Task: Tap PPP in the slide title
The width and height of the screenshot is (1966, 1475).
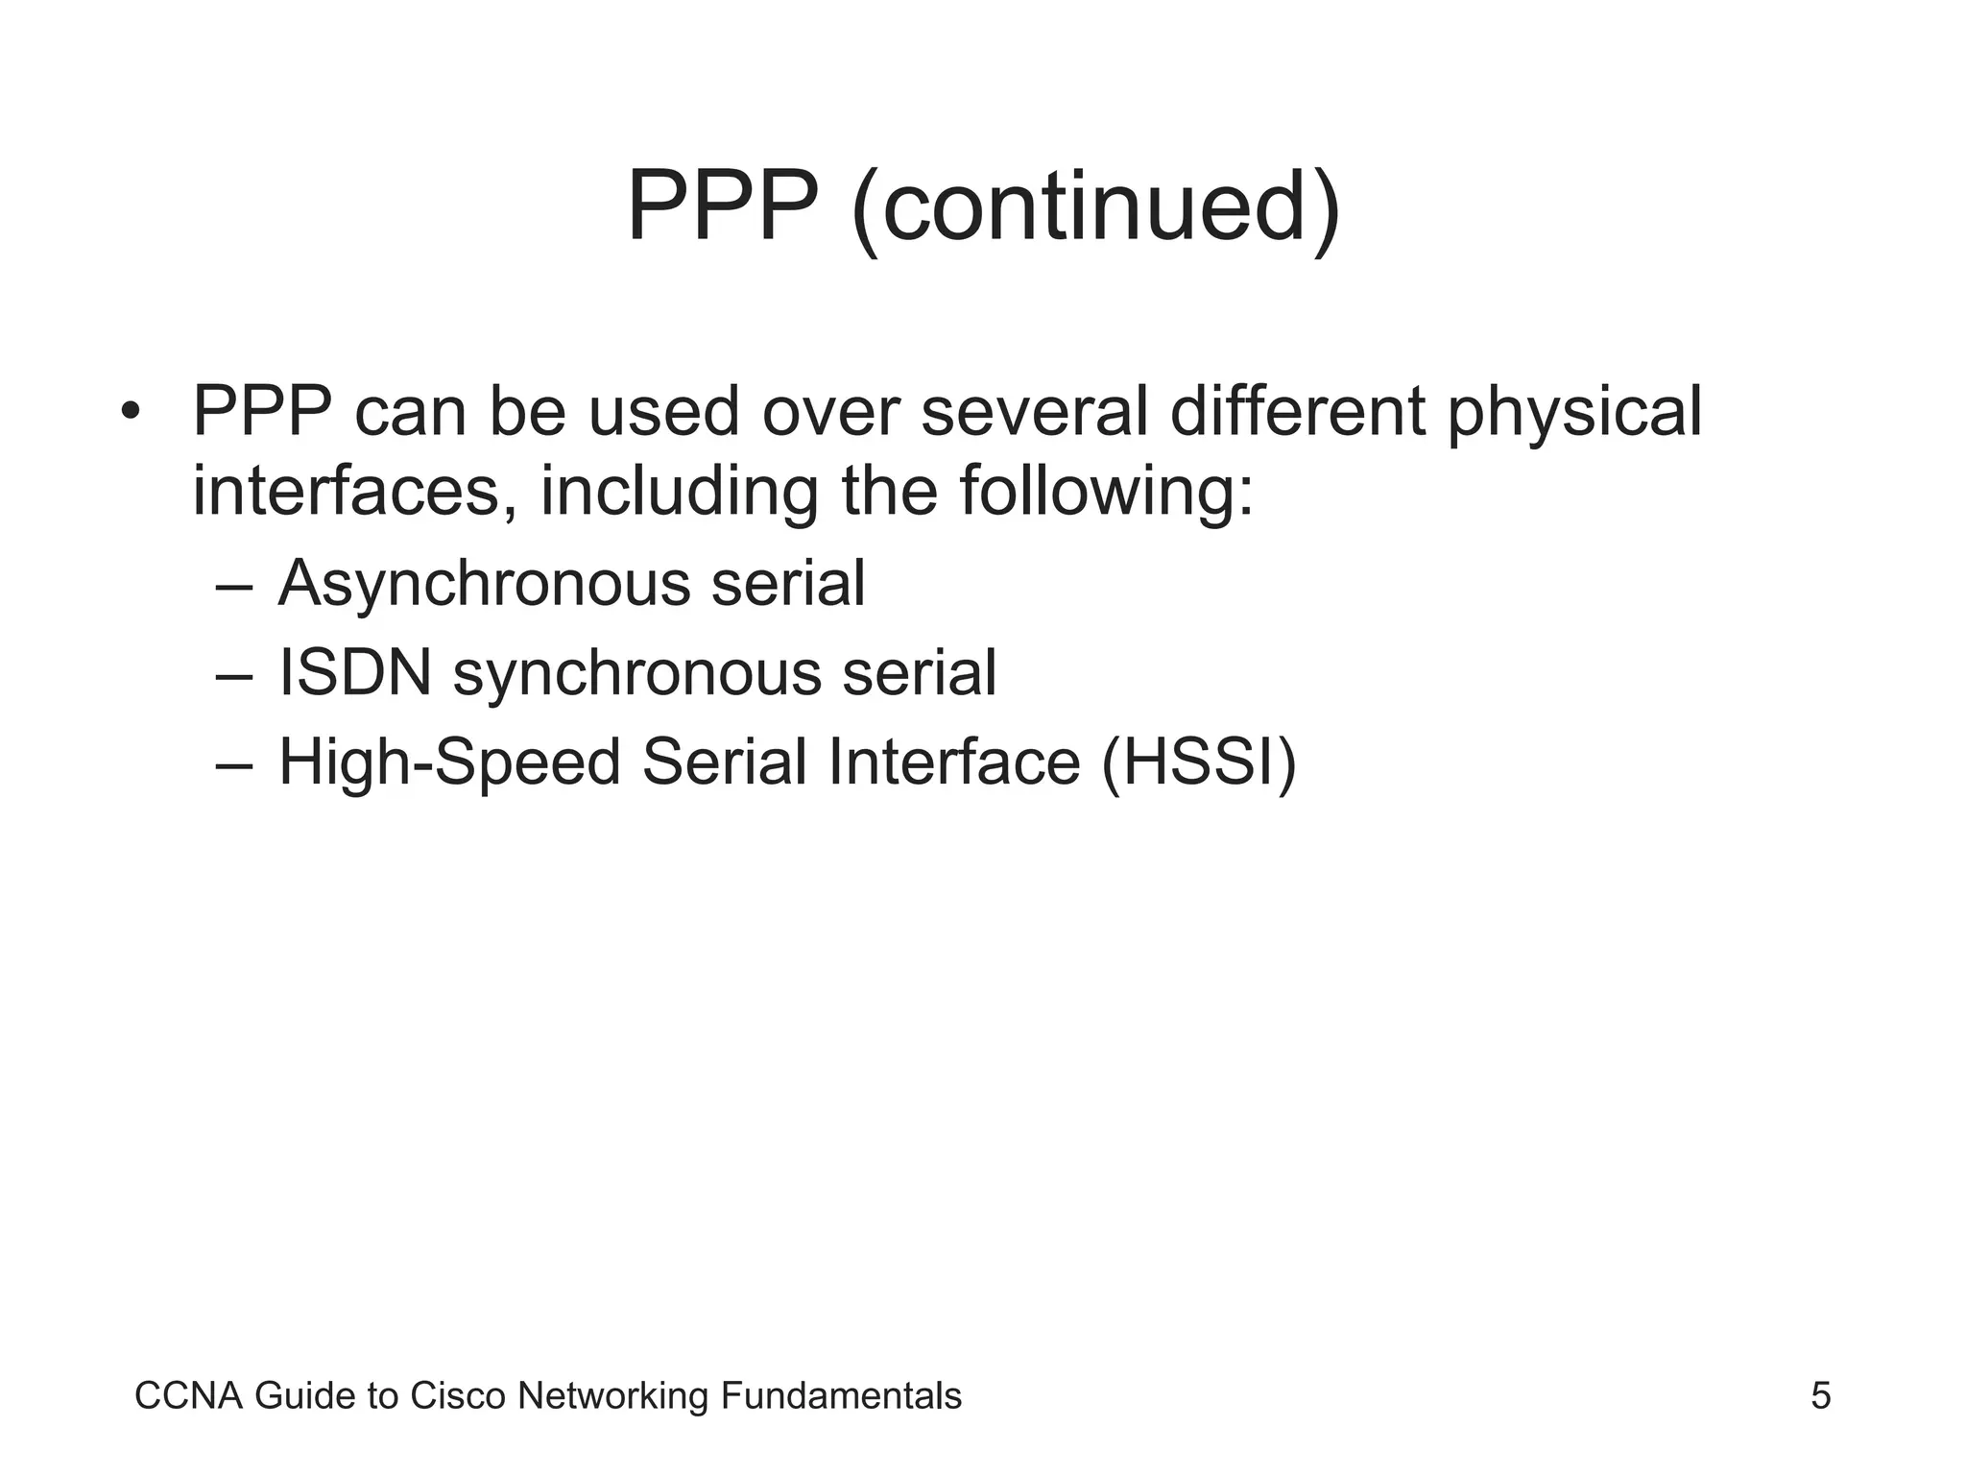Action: [722, 206]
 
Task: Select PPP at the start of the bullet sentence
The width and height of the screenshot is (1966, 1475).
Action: [262, 413]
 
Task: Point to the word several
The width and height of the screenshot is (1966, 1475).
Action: [1034, 413]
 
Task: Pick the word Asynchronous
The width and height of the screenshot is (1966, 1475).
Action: [484, 584]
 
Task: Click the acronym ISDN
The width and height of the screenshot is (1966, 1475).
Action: [355, 673]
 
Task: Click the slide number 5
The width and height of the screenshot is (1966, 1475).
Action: [1820, 1396]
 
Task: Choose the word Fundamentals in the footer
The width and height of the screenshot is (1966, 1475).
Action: [840, 1396]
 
